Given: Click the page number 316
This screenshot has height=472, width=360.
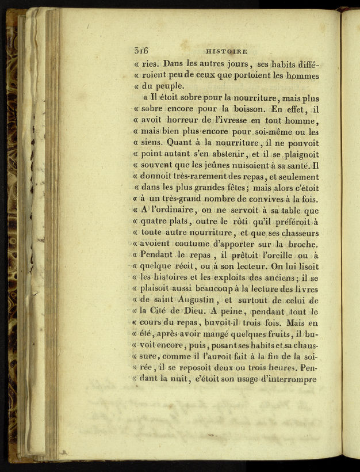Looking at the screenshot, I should coord(141,51).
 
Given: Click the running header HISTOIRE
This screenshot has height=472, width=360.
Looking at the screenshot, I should coord(227,51).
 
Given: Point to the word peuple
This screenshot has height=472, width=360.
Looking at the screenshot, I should coord(167,86).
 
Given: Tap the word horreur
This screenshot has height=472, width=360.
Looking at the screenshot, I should coord(189,120).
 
